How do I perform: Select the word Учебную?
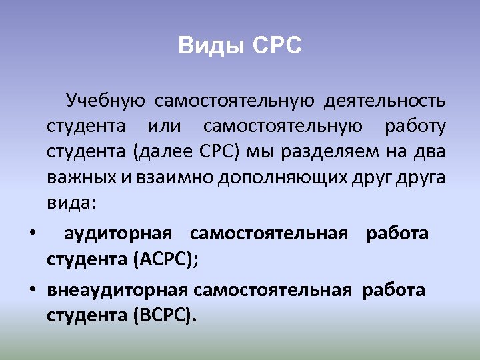105,101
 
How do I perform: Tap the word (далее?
164,151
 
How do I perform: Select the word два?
430,151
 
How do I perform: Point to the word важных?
74,177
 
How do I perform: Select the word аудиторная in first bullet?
118,234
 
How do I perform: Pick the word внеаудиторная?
119,291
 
